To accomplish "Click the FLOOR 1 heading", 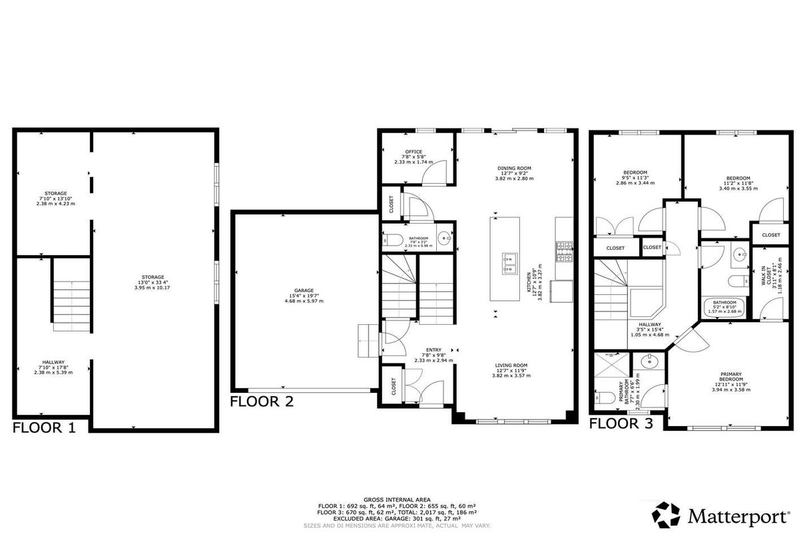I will coord(45,427).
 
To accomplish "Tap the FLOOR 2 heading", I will coord(262,401).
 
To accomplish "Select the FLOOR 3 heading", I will coord(621,422).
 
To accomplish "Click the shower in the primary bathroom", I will coord(610,368).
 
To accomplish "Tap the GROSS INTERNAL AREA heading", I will coord(397,499).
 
